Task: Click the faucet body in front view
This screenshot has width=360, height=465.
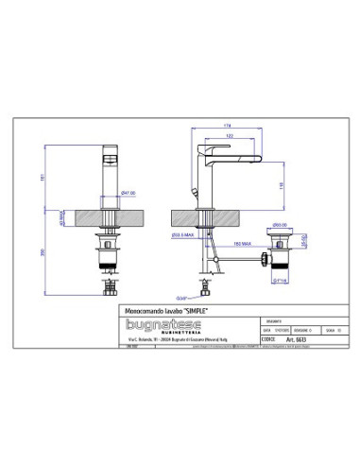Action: pyautogui.click(x=109, y=175)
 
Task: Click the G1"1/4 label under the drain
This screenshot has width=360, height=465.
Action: pyautogui.click(x=280, y=267)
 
